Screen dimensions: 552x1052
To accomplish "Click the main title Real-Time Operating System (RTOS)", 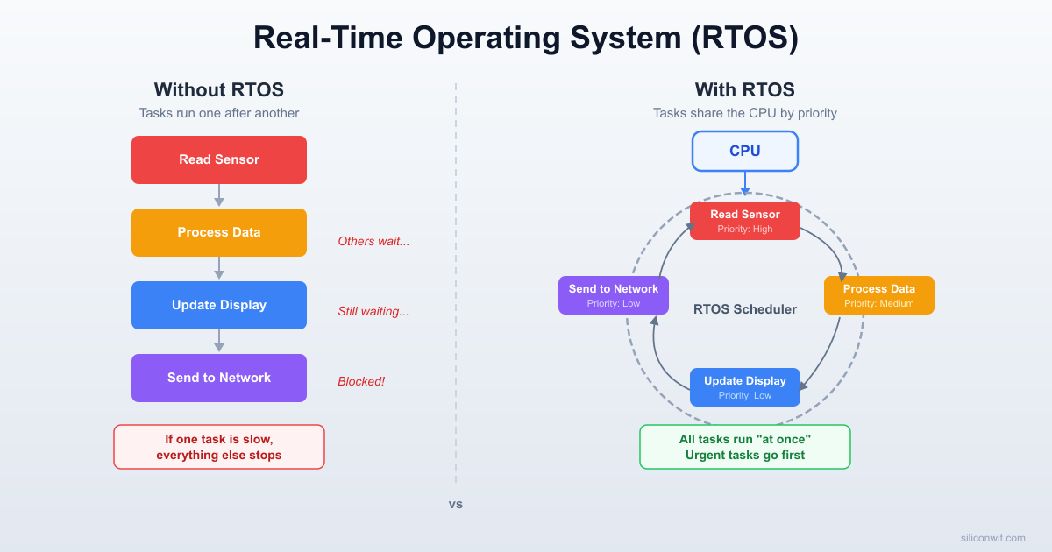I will coord(526,39).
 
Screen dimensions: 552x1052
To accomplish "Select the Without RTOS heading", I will coord(219,89).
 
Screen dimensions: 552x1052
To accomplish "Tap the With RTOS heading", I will coord(744,89).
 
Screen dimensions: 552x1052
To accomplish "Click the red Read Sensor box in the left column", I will coord(219,159).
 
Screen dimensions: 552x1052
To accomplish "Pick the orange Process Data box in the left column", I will coord(219,232).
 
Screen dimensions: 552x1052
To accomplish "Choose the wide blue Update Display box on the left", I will coord(219,305).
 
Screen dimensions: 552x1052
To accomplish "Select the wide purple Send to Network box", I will coord(219,378).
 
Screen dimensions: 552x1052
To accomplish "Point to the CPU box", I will coord(744,151).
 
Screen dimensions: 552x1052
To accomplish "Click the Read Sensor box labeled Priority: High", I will coord(744,221).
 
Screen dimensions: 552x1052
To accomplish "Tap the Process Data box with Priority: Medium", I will coord(878,295).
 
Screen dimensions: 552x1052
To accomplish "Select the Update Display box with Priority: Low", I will coord(744,387).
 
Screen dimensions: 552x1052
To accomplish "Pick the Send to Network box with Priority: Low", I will coord(613,295).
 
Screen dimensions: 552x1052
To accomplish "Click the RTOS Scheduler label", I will coord(744,309).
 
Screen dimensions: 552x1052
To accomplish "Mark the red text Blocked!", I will coord(361,381).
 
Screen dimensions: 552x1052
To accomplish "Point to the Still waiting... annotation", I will coord(373,311).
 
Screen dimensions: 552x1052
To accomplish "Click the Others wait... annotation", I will coord(373,241).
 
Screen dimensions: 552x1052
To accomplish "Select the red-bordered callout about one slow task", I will coord(219,447).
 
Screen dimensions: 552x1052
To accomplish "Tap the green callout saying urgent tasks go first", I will coord(744,447).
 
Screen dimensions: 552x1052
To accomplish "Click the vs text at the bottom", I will coord(456,505).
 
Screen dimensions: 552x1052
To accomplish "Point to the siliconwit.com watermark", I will coord(992,538).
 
